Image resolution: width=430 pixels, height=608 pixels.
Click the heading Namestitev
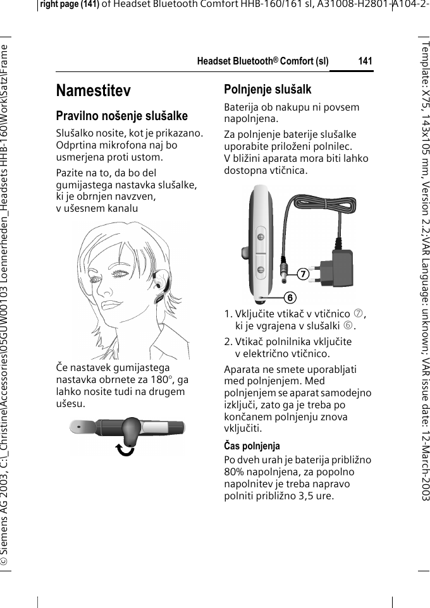point(94,91)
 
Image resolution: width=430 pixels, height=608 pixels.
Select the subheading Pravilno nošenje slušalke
point(122,116)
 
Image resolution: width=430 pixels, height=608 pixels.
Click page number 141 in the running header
point(365,61)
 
